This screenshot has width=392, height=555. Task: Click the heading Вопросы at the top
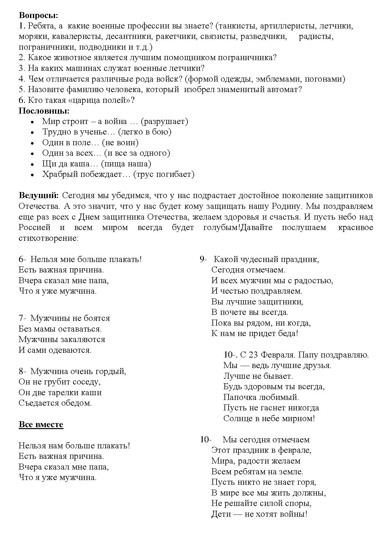point(38,15)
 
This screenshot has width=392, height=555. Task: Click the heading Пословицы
point(44,111)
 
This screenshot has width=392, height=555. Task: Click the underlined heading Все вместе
point(41,424)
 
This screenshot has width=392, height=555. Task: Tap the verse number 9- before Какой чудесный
point(203,259)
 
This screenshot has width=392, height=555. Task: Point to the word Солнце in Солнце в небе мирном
point(238,419)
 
